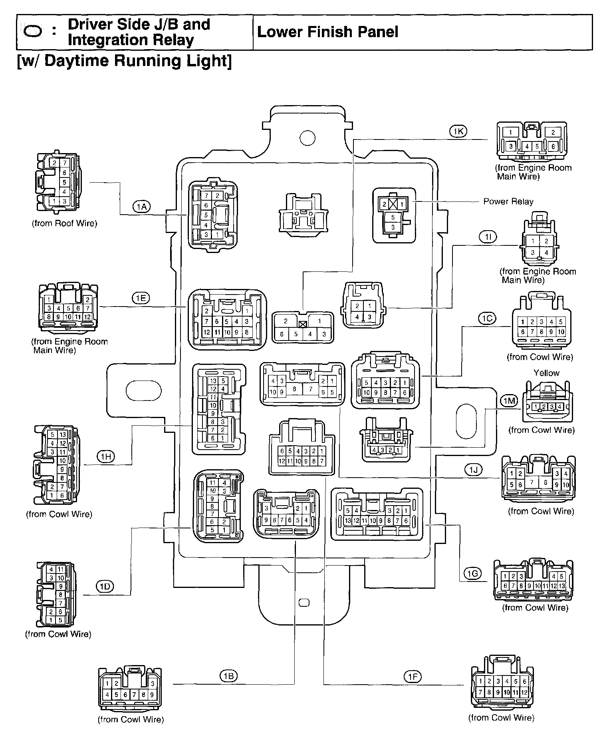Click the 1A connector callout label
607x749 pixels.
[x=141, y=206]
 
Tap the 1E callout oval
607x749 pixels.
[x=141, y=298]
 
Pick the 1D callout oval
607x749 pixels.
[x=105, y=586]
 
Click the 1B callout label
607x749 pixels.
[x=228, y=676]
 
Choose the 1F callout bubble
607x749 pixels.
[x=412, y=676]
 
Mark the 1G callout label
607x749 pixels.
[x=473, y=574]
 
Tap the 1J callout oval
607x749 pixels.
[x=474, y=470]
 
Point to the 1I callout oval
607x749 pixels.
[x=488, y=237]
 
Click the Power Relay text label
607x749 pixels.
[x=508, y=201]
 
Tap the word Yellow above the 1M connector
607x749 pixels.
[x=546, y=373]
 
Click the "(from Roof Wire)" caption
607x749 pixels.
[x=64, y=223]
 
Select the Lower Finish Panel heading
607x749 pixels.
[x=327, y=32]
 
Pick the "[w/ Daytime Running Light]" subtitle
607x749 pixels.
[x=124, y=61]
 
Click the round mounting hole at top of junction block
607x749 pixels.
[x=307, y=138]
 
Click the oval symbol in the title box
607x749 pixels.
[x=33, y=32]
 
